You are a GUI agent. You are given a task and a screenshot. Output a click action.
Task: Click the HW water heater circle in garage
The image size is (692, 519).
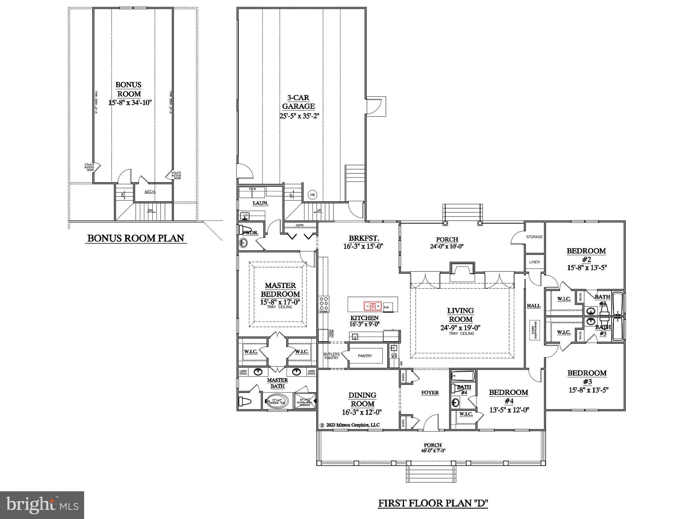point(312,195)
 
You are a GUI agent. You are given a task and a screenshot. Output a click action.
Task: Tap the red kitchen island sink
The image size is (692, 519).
point(372,306)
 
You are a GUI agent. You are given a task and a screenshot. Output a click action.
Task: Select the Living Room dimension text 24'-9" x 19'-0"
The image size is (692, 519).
point(461,327)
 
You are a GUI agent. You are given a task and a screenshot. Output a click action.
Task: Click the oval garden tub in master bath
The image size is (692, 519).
point(276,401)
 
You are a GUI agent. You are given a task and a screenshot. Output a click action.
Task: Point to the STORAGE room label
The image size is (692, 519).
point(534,237)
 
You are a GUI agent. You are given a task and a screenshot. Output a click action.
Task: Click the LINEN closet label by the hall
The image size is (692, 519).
point(534,262)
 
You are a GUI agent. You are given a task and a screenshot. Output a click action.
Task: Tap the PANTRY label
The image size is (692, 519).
point(365,356)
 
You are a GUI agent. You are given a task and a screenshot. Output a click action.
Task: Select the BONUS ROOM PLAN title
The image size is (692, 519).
point(135,238)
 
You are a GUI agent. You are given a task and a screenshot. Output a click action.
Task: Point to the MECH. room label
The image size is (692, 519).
point(150,192)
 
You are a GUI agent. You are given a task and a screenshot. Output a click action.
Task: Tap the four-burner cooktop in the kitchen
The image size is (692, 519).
point(323,303)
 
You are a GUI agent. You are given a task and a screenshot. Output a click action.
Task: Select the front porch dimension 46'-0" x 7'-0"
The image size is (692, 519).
point(433,450)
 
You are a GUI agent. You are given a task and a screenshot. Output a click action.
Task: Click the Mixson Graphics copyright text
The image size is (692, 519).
point(350,425)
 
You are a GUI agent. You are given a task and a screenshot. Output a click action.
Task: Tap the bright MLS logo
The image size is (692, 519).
point(42,505)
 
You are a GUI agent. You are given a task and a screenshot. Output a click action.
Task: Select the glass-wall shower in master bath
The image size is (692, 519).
point(305,401)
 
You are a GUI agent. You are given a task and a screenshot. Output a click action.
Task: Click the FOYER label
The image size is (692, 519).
point(430,393)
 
